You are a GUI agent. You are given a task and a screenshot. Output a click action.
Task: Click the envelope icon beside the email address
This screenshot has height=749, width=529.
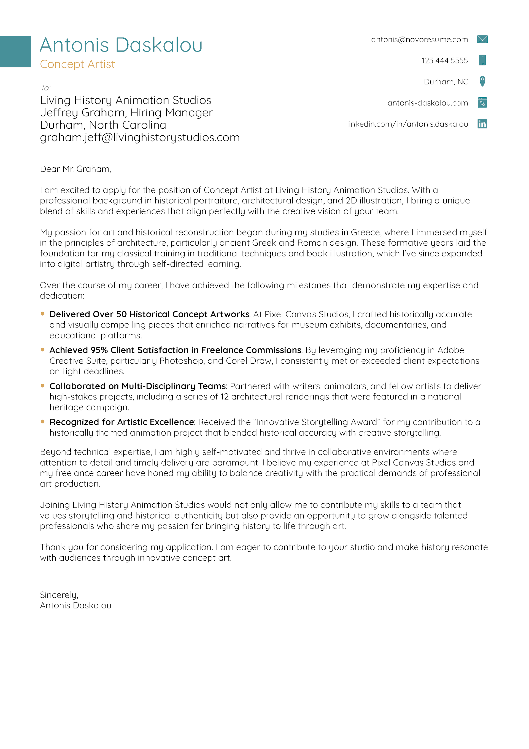(x=482, y=39)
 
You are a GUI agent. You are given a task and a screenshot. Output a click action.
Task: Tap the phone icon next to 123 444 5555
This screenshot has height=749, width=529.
(x=482, y=60)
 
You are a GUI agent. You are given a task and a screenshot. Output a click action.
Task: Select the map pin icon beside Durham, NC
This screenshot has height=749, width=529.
(x=482, y=81)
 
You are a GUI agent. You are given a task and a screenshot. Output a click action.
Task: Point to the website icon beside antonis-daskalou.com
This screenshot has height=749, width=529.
(x=482, y=103)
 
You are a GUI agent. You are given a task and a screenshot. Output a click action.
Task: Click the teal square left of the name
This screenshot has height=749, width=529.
(x=15, y=52)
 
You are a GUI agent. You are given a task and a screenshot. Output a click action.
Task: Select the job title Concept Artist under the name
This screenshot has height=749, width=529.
(x=77, y=64)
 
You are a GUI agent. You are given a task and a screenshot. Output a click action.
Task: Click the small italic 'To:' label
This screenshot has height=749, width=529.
(x=45, y=88)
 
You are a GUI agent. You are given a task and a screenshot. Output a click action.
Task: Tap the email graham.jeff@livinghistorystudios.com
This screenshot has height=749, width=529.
(x=140, y=138)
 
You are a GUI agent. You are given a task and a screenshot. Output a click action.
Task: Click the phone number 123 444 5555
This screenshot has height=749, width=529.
(x=444, y=61)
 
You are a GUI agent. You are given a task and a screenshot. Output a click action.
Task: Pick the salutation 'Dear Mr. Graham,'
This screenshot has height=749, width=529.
(x=76, y=169)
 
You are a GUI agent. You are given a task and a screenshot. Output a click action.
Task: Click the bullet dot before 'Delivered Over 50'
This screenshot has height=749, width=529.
(x=42, y=314)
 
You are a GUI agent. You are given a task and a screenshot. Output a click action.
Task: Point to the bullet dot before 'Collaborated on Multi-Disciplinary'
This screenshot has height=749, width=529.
(x=42, y=386)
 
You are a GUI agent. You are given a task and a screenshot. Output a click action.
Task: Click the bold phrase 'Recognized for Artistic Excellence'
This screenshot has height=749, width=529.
(x=122, y=422)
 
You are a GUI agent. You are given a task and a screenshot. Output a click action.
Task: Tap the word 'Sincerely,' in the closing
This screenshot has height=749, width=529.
(x=59, y=595)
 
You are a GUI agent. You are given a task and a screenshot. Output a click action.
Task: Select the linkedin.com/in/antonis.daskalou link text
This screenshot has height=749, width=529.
(x=407, y=124)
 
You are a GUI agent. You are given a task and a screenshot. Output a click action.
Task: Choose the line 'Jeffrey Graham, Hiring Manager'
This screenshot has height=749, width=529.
(x=126, y=112)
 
